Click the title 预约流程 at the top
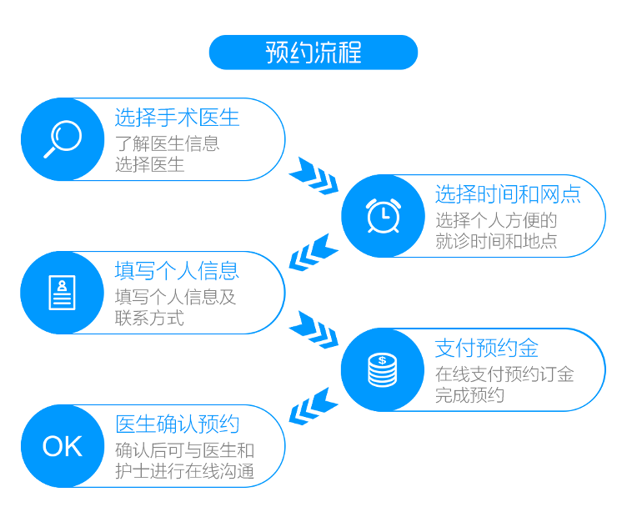313,53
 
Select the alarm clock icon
384,215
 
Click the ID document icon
62,293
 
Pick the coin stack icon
382,370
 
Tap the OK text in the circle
63,446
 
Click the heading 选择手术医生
177,118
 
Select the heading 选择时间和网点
508,194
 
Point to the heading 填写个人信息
177,271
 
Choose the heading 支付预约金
487,348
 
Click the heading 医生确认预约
177,424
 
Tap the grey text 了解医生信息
167,144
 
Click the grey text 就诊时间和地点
496,241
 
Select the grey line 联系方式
149,319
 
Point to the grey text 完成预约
470,395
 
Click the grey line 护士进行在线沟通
185,471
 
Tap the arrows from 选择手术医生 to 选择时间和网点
313,176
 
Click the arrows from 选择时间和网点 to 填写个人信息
313,253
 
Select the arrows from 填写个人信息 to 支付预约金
313,330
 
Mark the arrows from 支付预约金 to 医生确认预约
313,406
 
